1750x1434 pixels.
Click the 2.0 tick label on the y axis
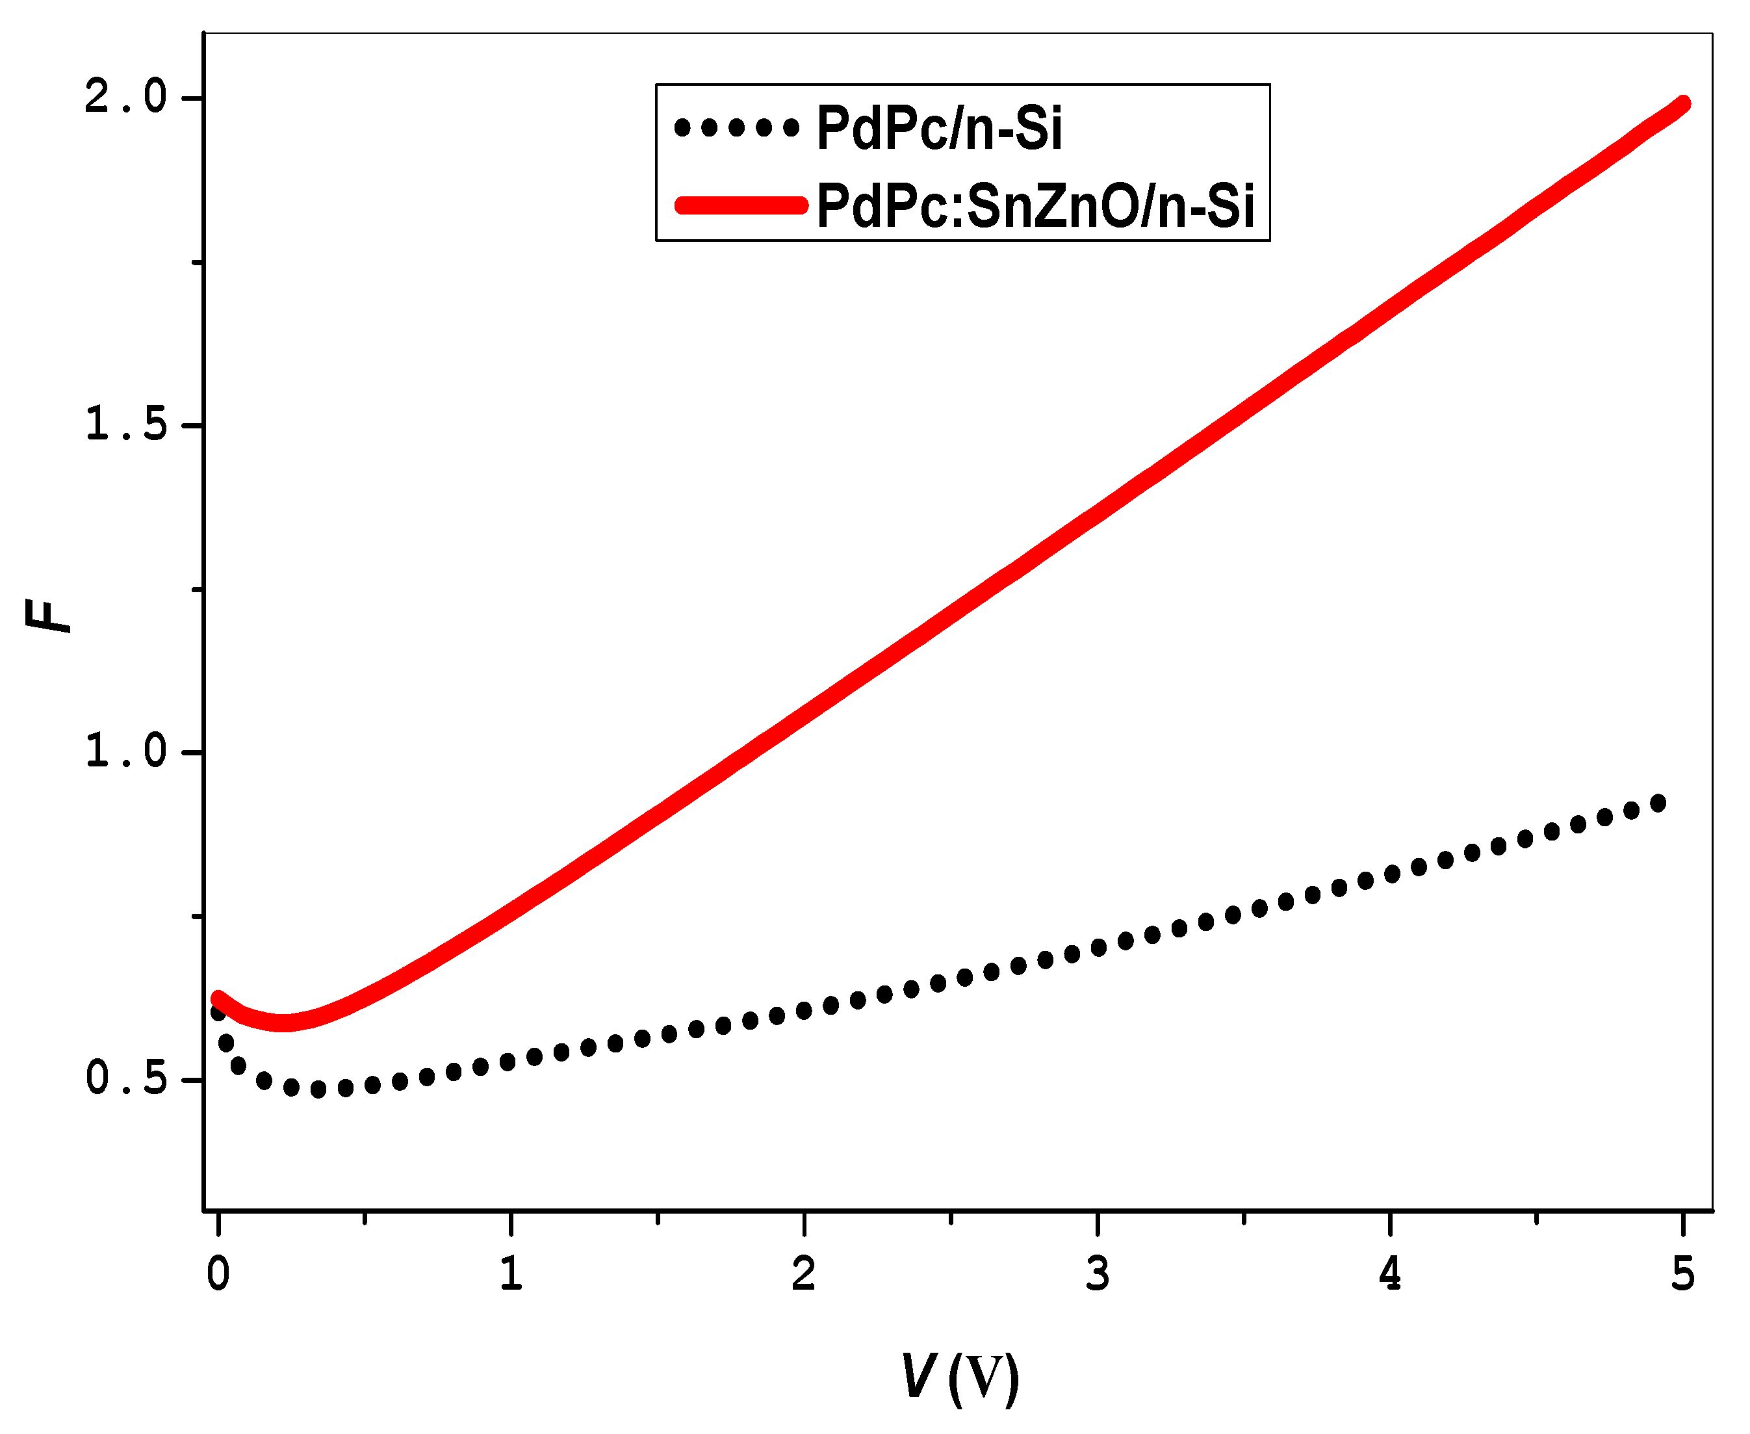[x=125, y=98]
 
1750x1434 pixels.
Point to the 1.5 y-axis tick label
[x=125, y=425]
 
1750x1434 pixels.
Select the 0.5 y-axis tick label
[x=125, y=1079]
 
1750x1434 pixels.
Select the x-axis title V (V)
[x=960, y=1376]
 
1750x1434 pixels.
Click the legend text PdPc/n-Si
[x=939, y=128]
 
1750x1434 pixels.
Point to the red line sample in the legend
[x=741, y=205]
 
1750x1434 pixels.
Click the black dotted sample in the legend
[x=737, y=127]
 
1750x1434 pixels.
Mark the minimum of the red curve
[x=283, y=1023]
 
